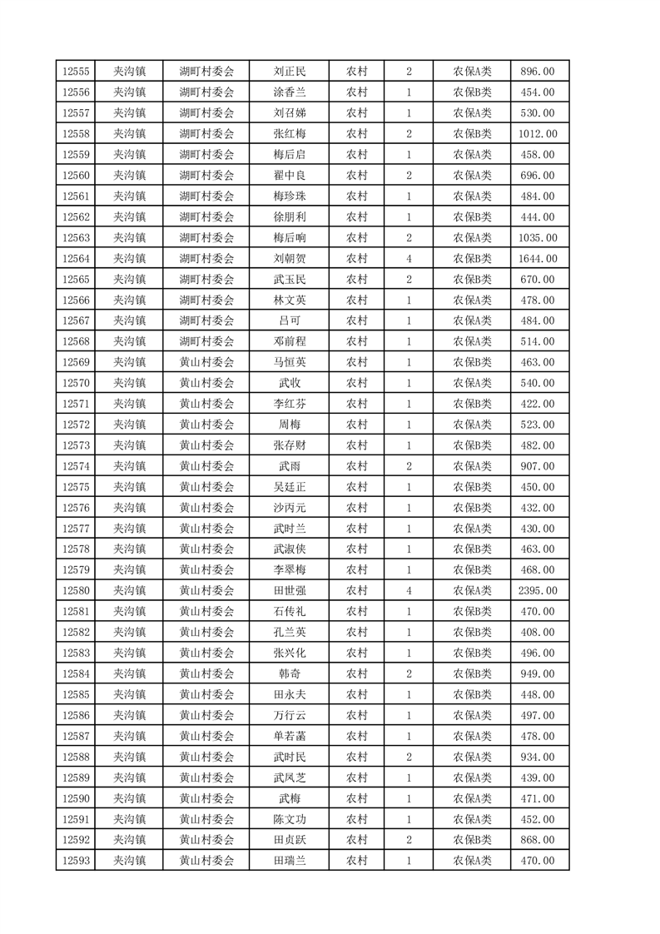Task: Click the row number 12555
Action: pyautogui.click(x=76, y=72)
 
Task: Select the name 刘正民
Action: pyautogui.click(x=290, y=72)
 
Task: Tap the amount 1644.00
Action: pyautogui.click(x=538, y=259)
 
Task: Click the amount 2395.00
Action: pyautogui.click(x=538, y=591)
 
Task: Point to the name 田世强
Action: pyautogui.click(x=290, y=591)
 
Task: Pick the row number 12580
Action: pyautogui.click(x=76, y=591)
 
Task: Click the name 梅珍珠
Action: pyautogui.click(x=290, y=196)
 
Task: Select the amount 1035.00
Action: pyautogui.click(x=538, y=238)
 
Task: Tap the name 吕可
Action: pyautogui.click(x=290, y=320)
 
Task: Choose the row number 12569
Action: pyautogui.click(x=76, y=362)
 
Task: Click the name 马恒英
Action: pyautogui.click(x=290, y=362)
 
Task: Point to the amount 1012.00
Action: pyautogui.click(x=538, y=134)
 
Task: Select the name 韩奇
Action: pyautogui.click(x=290, y=673)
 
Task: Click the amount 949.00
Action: pyautogui.click(x=538, y=673)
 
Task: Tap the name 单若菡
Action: pyautogui.click(x=290, y=736)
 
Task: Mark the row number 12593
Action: pyautogui.click(x=76, y=861)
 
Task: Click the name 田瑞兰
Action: pyautogui.click(x=290, y=861)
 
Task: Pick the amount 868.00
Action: pyautogui.click(x=538, y=840)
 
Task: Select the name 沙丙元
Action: pyautogui.click(x=290, y=508)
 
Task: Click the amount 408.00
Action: pyautogui.click(x=538, y=633)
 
